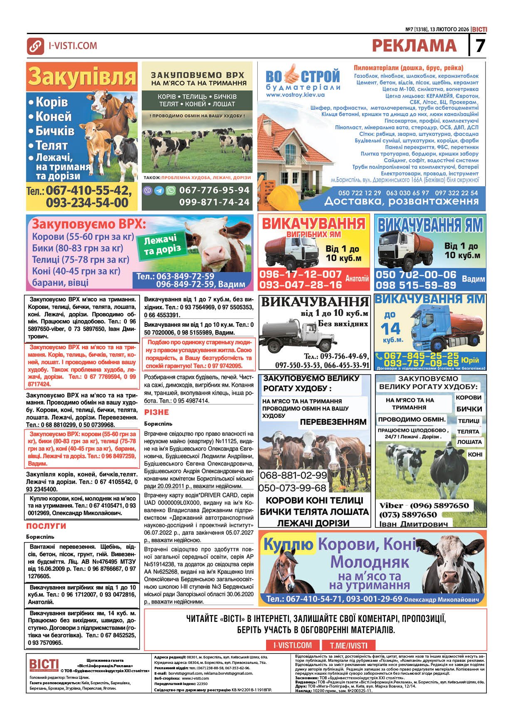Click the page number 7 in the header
(x=480, y=45)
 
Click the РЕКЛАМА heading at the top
(x=414, y=45)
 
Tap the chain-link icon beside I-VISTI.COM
(x=35, y=46)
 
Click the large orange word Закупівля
(x=82, y=76)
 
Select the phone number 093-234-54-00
(x=87, y=202)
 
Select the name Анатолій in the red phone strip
(x=357, y=279)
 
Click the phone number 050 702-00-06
(x=416, y=275)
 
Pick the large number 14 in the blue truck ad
(x=390, y=329)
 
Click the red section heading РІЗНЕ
(x=156, y=412)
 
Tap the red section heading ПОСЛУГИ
(x=46, y=526)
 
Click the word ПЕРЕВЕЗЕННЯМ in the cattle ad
(x=333, y=422)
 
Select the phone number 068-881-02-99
(x=293, y=475)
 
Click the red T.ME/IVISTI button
(x=348, y=645)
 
